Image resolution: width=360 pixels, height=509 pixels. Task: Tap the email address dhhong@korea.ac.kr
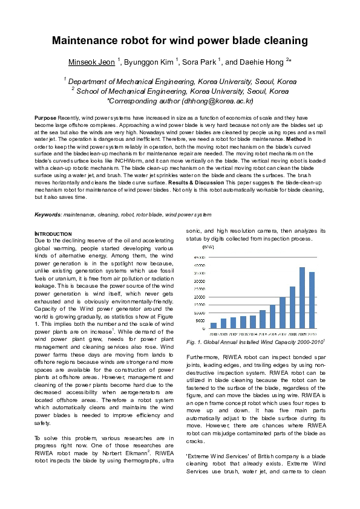tap(220, 101)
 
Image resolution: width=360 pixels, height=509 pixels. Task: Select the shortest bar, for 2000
tap(214, 325)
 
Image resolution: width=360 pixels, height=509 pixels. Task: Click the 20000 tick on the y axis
tap(199, 297)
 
